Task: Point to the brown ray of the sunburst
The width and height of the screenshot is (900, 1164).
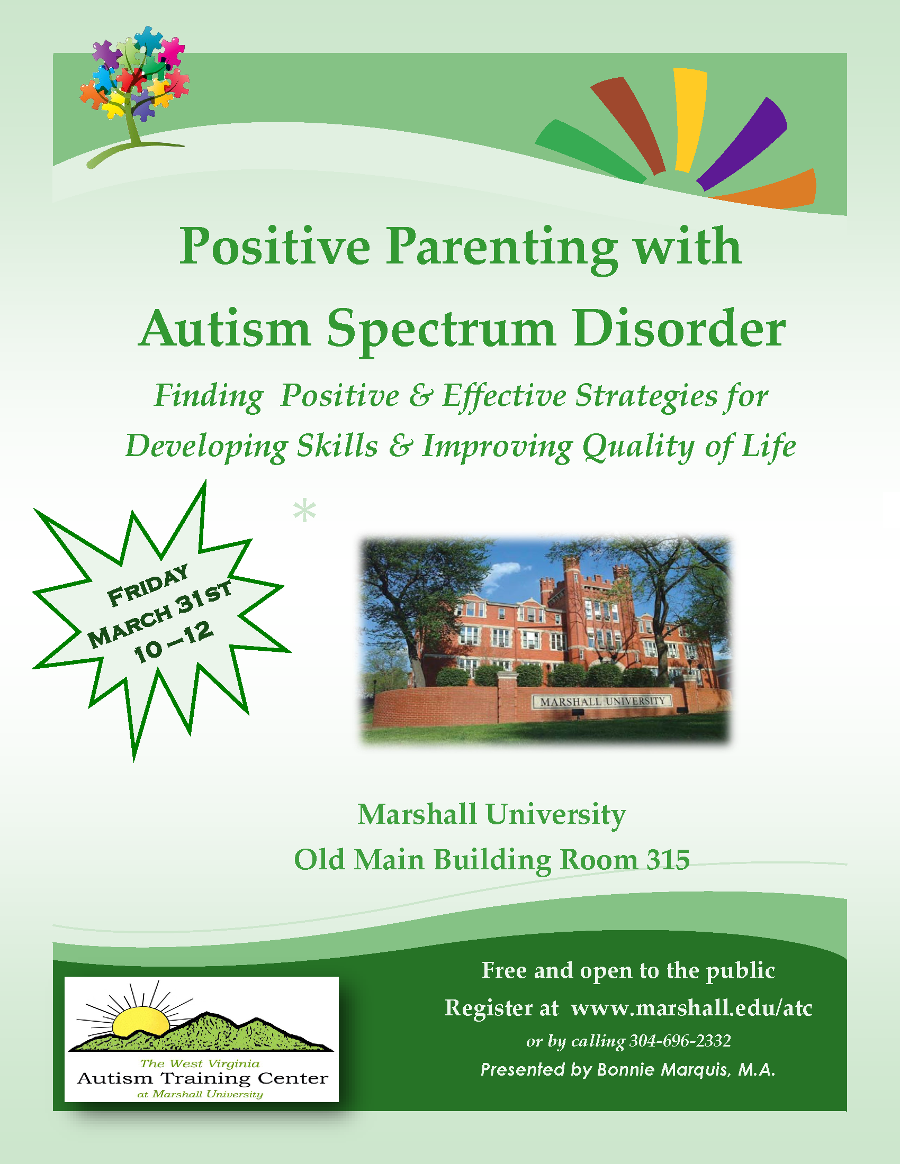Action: point(629,125)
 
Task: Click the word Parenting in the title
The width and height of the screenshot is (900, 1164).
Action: point(502,247)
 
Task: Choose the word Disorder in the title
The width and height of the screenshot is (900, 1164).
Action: point(679,329)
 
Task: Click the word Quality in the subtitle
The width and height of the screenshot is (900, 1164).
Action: point(638,447)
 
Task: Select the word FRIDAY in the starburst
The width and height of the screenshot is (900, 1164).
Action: point(148,585)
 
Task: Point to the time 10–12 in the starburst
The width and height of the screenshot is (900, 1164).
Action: point(173,643)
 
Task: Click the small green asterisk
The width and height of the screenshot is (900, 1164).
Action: point(304,510)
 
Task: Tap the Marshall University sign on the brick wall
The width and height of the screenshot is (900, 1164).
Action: point(603,702)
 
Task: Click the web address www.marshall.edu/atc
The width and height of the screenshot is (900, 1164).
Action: point(691,1008)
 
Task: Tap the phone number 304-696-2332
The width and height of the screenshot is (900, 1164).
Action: point(680,1040)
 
